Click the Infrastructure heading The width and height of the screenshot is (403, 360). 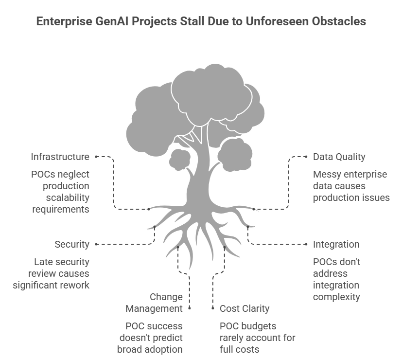[x=60, y=157]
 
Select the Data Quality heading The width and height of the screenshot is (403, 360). [x=339, y=157]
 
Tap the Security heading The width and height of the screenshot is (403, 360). [x=71, y=244]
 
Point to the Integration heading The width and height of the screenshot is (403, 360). [x=336, y=244]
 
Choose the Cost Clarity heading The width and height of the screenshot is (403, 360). [x=245, y=308]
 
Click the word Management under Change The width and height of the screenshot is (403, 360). [x=154, y=308]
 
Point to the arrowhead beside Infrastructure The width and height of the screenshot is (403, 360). [x=96, y=157]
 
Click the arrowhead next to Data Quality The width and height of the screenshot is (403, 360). [x=307, y=157]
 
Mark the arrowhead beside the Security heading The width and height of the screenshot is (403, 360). [x=96, y=244]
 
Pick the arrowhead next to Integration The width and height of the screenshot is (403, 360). [x=307, y=244]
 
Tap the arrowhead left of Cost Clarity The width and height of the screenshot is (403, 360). [x=213, y=308]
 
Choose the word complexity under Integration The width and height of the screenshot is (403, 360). [x=336, y=297]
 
